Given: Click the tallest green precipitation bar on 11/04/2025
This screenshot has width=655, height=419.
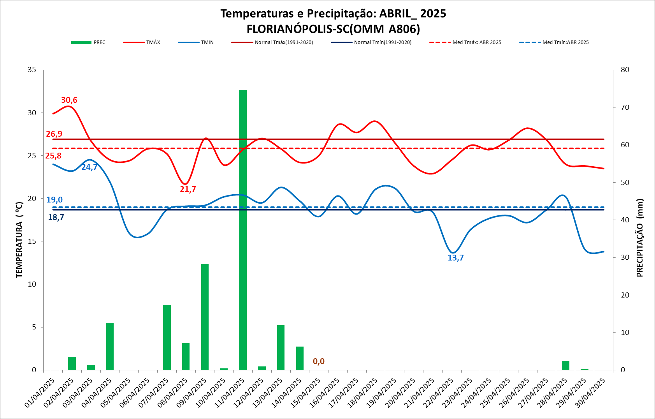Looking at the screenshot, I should (243, 230).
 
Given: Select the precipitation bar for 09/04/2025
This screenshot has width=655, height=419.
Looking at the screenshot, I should (205, 317).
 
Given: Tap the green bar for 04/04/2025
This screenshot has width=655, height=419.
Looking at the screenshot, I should (110, 346).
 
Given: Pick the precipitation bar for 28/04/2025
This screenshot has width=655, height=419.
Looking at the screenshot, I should (565, 365).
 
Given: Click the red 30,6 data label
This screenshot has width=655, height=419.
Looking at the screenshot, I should (69, 100).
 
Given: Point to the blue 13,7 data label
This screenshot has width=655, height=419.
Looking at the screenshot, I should (455, 258).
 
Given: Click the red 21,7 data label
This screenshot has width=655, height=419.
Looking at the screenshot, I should (188, 189).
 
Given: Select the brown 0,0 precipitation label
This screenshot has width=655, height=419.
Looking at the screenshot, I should (318, 361).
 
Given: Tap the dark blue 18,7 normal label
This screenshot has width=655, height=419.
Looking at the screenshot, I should (56, 217).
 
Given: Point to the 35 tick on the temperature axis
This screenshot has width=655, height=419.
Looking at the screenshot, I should (32, 70).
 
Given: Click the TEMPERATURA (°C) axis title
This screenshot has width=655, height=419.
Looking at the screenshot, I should (19, 240).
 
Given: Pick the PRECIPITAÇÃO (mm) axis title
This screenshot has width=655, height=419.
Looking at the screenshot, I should (640, 238).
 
